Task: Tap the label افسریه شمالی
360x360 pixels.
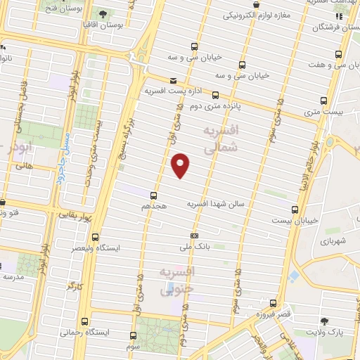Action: pos(220,140)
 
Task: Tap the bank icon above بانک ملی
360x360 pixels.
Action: pos(195,236)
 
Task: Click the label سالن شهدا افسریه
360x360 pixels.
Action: pos(214,203)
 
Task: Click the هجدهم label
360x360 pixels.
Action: pos(153,206)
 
